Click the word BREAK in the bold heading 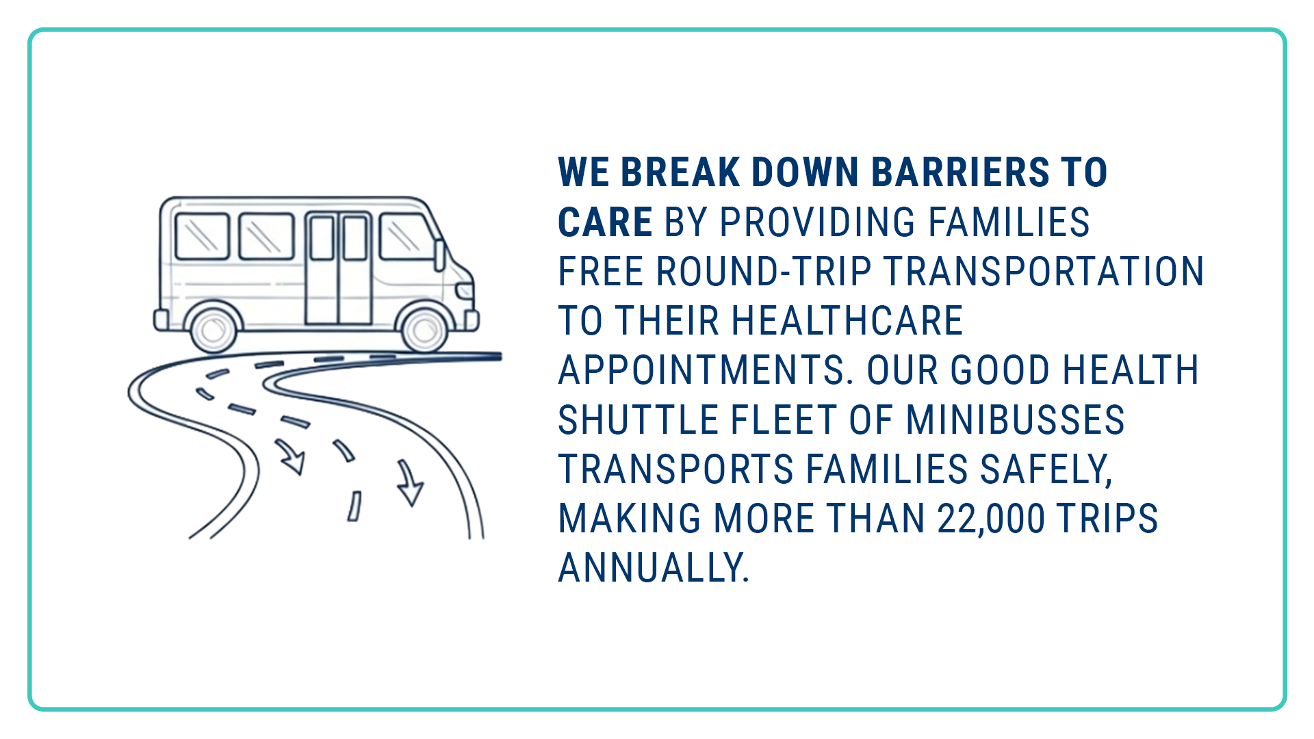click(x=680, y=172)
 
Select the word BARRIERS click(x=960, y=172)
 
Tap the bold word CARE click(x=605, y=222)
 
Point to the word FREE click(x=601, y=271)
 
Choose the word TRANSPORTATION click(x=1044, y=271)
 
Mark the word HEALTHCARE click(x=847, y=321)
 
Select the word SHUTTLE click(x=639, y=419)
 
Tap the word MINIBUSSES click(x=1016, y=419)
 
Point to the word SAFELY click(x=1046, y=470)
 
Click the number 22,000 click(x=991, y=519)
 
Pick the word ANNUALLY click(x=654, y=568)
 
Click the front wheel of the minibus click(x=424, y=330)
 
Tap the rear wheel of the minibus click(x=214, y=330)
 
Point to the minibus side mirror click(x=439, y=255)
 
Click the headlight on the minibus click(x=465, y=291)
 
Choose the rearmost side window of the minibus click(x=203, y=236)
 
